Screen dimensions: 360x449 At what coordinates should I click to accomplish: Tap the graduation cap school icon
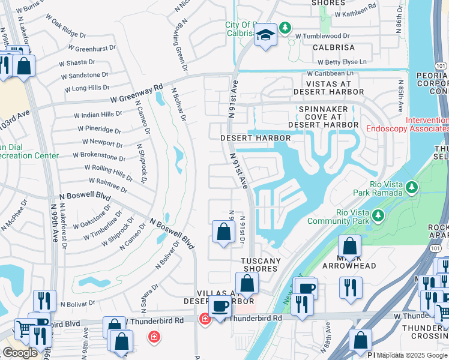coord(264,35)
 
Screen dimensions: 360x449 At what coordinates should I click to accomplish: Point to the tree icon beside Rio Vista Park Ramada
coord(411,188)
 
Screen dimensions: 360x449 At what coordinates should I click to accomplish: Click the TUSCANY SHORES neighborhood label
coord(261,265)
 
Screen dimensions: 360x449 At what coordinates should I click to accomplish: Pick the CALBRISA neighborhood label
coord(328,47)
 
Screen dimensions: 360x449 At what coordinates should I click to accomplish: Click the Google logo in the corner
coord(20,352)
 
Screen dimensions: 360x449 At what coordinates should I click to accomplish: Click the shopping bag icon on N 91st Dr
coord(223,232)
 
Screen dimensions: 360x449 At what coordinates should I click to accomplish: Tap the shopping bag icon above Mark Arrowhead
coord(349,247)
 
